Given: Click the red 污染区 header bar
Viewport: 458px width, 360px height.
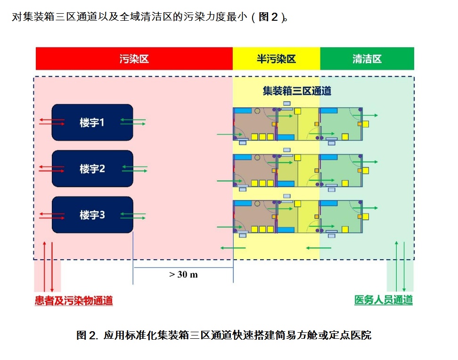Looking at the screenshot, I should point(134,59).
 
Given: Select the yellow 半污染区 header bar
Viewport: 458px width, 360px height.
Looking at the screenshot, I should point(276,59).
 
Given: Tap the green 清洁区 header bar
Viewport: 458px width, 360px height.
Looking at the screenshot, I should point(367,59).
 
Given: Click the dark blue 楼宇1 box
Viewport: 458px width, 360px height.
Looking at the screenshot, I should point(92,123).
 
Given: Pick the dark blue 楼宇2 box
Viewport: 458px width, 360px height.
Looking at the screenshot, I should point(92,169).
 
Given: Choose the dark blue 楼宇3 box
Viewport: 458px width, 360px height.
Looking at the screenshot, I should point(92,215).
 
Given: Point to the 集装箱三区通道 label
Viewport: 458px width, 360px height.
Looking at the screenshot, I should point(297,91).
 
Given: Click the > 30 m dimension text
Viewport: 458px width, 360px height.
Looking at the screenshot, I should point(183,275).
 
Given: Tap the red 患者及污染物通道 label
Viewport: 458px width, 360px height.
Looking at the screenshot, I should point(74,301).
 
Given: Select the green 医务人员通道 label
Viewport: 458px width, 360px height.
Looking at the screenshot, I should point(383,300).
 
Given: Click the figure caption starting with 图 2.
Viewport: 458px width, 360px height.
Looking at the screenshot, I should point(224,335).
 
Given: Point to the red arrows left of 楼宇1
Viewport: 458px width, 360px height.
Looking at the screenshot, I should point(52,122).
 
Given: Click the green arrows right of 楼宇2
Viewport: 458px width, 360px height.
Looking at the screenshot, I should point(134,168).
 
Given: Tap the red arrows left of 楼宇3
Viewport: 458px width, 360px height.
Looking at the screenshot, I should point(52,215).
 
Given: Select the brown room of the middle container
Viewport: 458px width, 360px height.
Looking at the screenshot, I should point(254,170).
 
